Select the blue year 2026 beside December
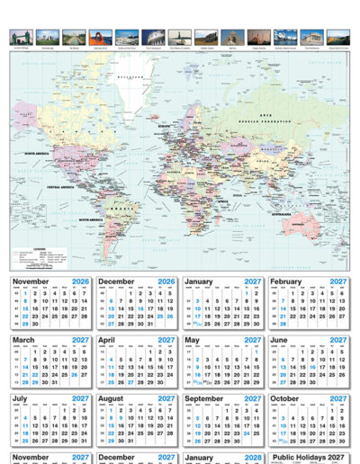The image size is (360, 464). click(166, 281)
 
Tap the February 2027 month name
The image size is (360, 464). click(291, 281)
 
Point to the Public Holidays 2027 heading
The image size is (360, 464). click(309, 458)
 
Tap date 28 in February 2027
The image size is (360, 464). click(286, 325)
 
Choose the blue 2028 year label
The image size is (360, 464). click(253, 458)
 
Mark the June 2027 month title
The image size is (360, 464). click(281, 340)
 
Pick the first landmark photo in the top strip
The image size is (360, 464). click(19, 36)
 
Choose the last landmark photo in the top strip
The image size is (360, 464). click(338, 36)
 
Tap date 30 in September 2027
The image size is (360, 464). click(230, 442)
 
